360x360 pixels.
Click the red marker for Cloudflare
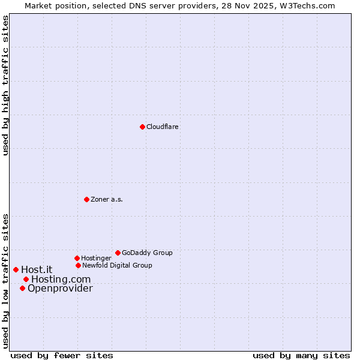pos(142,127)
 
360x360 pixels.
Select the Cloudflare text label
pos(162,127)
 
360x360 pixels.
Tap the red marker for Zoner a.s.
pos(86,199)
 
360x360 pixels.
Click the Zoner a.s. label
pos(107,200)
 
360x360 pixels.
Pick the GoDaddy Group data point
pos(118,253)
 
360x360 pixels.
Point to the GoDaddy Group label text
pos(147,253)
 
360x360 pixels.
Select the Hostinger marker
pos(77,258)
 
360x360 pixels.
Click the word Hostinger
pos(96,259)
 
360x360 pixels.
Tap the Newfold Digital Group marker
pos(78,265)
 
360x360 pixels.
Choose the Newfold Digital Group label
pos(117,266)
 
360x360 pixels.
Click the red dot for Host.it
pos(16,269)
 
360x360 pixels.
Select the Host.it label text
pos(37,270)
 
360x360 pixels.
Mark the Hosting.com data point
pos(26,279)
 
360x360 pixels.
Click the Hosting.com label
pos(61,280)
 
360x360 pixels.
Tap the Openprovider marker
pos(22,288)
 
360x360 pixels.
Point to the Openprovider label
pos(60,289)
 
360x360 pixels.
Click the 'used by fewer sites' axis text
pos(62,355)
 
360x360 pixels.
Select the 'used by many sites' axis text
pos(301,355)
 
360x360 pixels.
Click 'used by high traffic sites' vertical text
pos(5,86)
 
